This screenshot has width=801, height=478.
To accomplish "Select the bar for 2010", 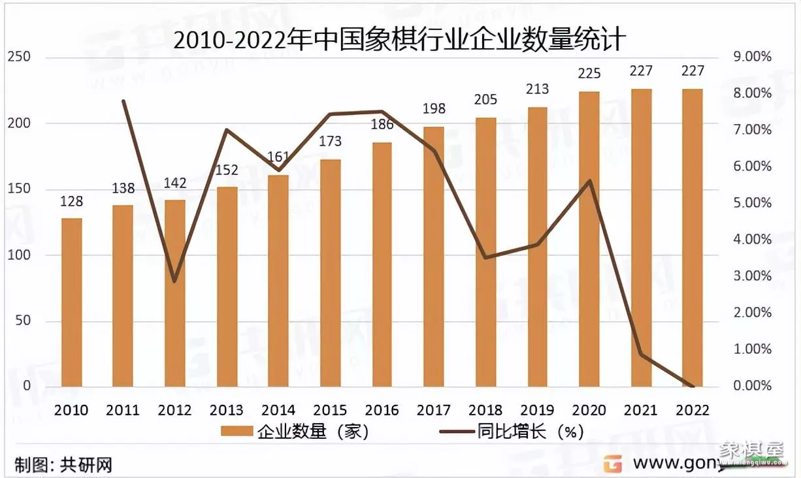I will (71, 302).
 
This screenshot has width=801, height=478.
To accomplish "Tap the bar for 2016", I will (382, 264).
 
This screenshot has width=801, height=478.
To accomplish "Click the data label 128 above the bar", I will (71, 202).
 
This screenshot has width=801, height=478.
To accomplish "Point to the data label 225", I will (589, 73).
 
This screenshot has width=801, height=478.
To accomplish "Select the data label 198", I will (434, 108).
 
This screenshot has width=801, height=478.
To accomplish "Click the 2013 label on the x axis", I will (227, 410).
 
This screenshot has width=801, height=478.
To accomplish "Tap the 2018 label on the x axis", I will (485, 410).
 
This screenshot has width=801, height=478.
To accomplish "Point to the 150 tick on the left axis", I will (19, 189).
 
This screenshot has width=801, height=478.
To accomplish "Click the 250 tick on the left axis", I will (19, 57).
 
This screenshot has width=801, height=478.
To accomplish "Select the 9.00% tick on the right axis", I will (753, 57).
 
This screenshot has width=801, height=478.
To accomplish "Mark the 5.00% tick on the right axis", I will (753, 203).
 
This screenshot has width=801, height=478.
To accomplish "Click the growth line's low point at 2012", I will (174, 281).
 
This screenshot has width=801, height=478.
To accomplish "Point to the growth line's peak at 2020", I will (590, 181).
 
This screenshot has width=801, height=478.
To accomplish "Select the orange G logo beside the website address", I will (612, 464).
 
